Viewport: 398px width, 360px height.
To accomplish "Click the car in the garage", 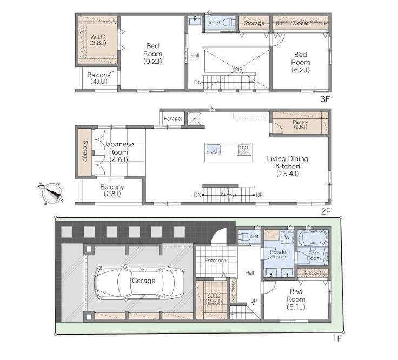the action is tap(139, 283).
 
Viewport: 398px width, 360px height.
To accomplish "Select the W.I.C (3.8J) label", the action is tap(98, 40).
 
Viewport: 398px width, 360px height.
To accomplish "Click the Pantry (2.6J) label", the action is tap(300, 124).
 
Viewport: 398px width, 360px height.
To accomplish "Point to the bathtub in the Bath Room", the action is tap(312, 238).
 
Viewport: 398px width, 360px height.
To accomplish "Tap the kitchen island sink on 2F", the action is tap(214, 149).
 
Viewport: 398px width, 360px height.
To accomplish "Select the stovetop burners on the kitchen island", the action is tap(244, 149).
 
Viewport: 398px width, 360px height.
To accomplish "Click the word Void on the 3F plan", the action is tap(237, 68).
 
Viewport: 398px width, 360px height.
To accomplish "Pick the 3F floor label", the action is tap(325, 99).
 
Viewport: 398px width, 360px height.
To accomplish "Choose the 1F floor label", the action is tap(337, 338).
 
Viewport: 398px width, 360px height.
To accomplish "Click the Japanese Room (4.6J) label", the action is tap(118, 152).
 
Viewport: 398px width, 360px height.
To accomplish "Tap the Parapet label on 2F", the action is tap(173, 118).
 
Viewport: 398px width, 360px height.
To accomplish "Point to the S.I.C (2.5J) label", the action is tap(214, 298).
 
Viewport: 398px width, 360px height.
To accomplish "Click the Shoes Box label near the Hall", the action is tap(233, 290).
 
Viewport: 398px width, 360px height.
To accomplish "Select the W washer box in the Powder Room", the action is tap(287, 237).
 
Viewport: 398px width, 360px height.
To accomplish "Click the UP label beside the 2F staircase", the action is tap(259, 195).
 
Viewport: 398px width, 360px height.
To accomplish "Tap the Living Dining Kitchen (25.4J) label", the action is tap(287, 166).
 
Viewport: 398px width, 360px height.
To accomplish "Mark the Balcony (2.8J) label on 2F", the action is tap(112, 190).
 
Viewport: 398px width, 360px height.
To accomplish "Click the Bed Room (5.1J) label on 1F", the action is tap(296, 299).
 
